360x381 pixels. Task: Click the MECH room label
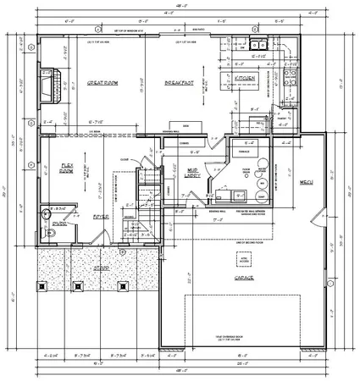click(x=306, y=183)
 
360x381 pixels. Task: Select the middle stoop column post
click(x=100, y=284)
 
